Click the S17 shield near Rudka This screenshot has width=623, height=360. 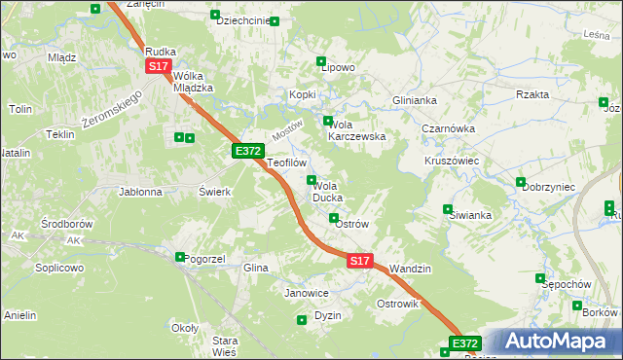point(159,66)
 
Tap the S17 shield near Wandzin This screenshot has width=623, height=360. point(360,261)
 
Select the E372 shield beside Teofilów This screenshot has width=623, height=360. point(247,151)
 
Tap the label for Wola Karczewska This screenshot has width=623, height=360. point(358,130)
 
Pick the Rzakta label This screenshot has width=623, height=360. point(532,94)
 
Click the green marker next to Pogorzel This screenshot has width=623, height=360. point(180,257)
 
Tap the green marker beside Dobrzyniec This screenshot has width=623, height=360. point(522,183)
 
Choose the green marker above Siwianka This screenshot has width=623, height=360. point(448,208)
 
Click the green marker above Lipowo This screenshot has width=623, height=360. point(321,61)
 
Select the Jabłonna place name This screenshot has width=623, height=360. point(140,192)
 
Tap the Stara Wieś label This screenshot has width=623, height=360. point(225,345)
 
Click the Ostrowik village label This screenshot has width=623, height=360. point(397,304)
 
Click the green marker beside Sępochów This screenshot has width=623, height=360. point(540,278)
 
